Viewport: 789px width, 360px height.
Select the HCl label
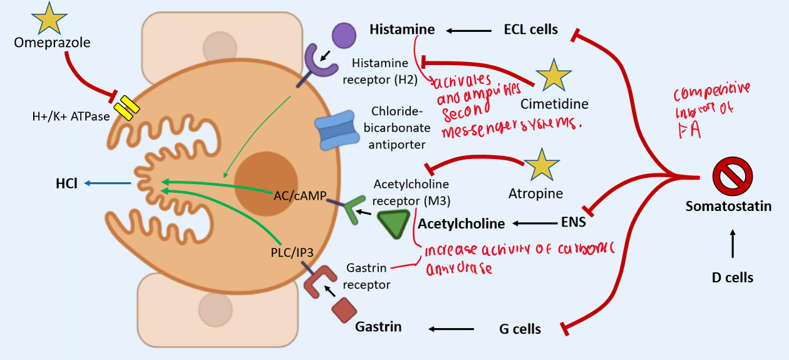point(65,184)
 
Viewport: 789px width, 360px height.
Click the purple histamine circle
point(343,35)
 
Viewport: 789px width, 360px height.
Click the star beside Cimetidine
point(553,76)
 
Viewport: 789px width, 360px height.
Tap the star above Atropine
point(541,166)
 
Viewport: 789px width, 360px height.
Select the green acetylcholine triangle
point(394,223)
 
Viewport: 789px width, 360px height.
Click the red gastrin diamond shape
point(344,310)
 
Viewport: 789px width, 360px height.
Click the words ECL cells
point(531,29)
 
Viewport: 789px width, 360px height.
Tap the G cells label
point(519,329)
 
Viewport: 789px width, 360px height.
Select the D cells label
point(733,277)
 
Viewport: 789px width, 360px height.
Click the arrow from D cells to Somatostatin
point(733,244)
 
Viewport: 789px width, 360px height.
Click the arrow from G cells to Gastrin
point(450,329)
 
